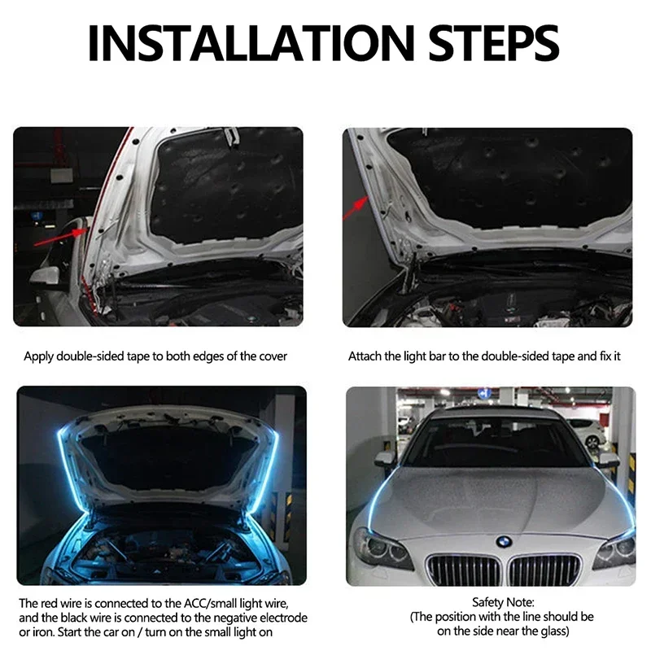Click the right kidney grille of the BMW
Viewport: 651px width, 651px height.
coord(544,570)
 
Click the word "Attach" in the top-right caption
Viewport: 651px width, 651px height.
coord(365,356)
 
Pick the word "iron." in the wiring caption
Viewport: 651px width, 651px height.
coord(33,632)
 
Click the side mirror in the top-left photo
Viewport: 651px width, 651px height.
coord(44,276)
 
